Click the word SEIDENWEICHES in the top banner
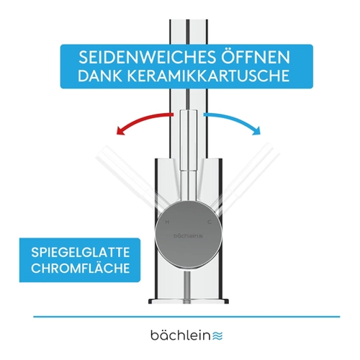pyautogui.click(x=148, y=58)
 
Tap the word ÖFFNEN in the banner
pyautogui.click(x=256, y=57)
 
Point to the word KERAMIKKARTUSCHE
pyautogui.click(x=208, y=76)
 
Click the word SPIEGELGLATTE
pyautogui.click(x=81, y=253)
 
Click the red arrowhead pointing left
pyautogui.click(x=120, y=131)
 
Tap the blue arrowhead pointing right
pyautogui.click(x=256, y=131)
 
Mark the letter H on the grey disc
pyautogui.click(x=167, y=222)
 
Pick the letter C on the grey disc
pyautogui.click(x=210, y=222)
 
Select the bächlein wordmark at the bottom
pyautogui.click(x=181, y=335)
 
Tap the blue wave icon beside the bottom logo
pyautogui.click(x=217, y=336)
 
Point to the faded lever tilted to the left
pyautogui.click(x=126, y=176)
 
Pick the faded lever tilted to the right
pyautogui.click(x=248, y=176)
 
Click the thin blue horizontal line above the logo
pyautogui.click(x=186, y=317)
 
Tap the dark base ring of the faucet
pyautogui.click(x=189, y=301)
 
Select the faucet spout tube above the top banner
pyautogui.click(x=189, y=32)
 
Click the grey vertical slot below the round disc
pyautogui.click(x=186, y=287)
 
